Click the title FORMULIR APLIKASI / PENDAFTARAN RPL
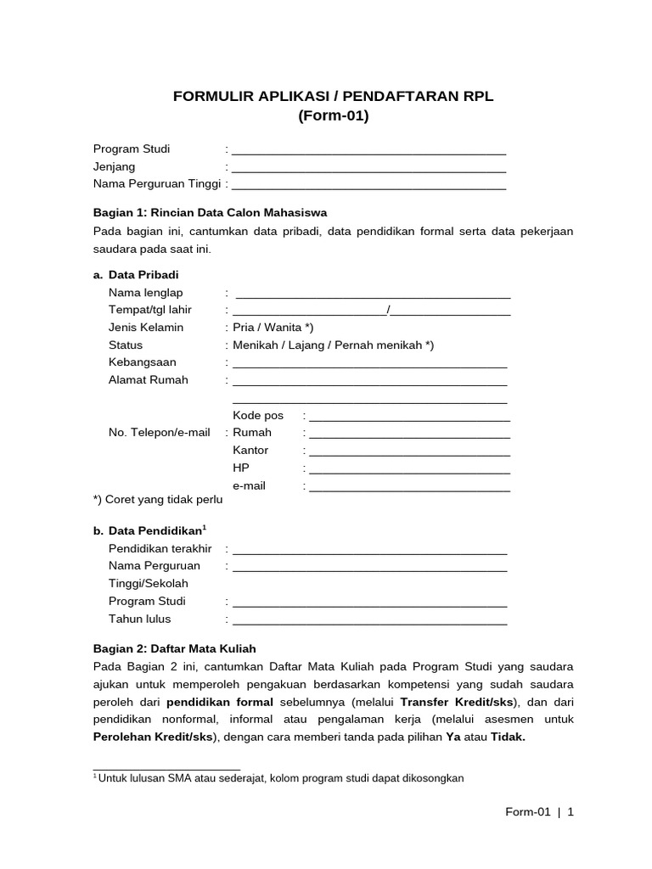pos(333,97)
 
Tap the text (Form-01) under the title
pos(333,116)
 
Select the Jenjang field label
pos(114,166)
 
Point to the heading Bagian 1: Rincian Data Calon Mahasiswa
pos(210,212)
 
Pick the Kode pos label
pos(258,415)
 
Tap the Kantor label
pos(250,451)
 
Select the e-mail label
pos(250,486)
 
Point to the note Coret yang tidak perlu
pos(158,500)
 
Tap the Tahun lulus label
pos(140,619)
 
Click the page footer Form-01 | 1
pos(540,812)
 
